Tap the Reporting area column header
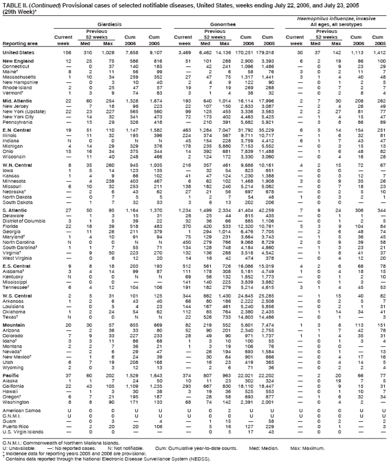click(x=20, y=44)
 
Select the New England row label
click(x=18, y=62)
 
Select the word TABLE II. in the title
click(x=15, y=4)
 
